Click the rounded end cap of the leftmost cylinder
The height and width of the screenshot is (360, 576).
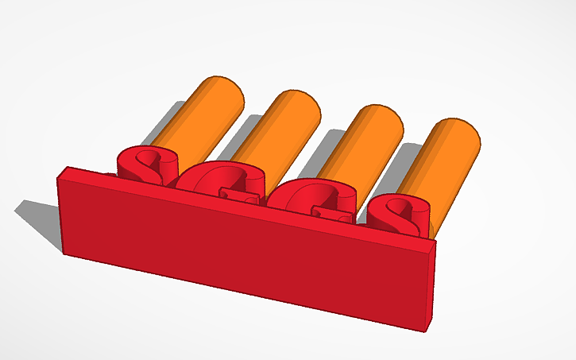(222, 92)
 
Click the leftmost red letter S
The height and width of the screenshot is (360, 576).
(143, 164)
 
